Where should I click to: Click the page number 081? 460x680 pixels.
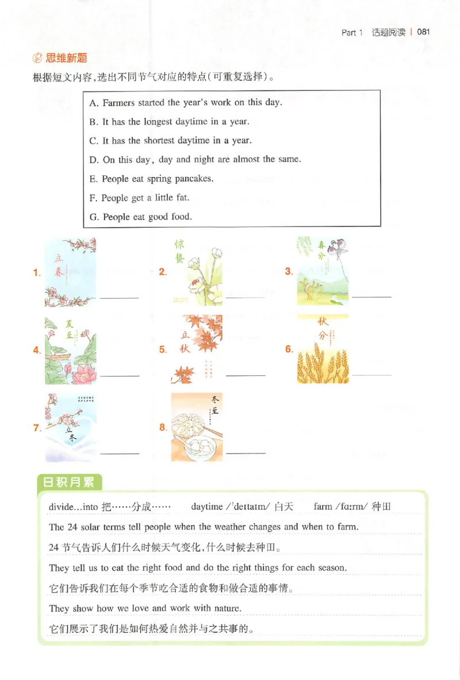pos(424,32)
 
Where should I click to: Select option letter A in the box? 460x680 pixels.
pos(94,103)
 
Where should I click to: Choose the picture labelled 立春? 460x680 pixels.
pos(70,272)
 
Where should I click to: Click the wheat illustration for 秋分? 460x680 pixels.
pos(323,349)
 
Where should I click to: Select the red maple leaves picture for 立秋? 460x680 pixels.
pos(196,349)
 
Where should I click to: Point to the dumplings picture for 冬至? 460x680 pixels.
pos(196,427)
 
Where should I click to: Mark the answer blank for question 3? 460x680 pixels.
pos(371,297)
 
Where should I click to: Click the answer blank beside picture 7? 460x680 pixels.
pos(120,453)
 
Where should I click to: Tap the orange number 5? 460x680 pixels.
pos(163,349)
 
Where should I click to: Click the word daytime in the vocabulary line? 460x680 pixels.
pos(206,506)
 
